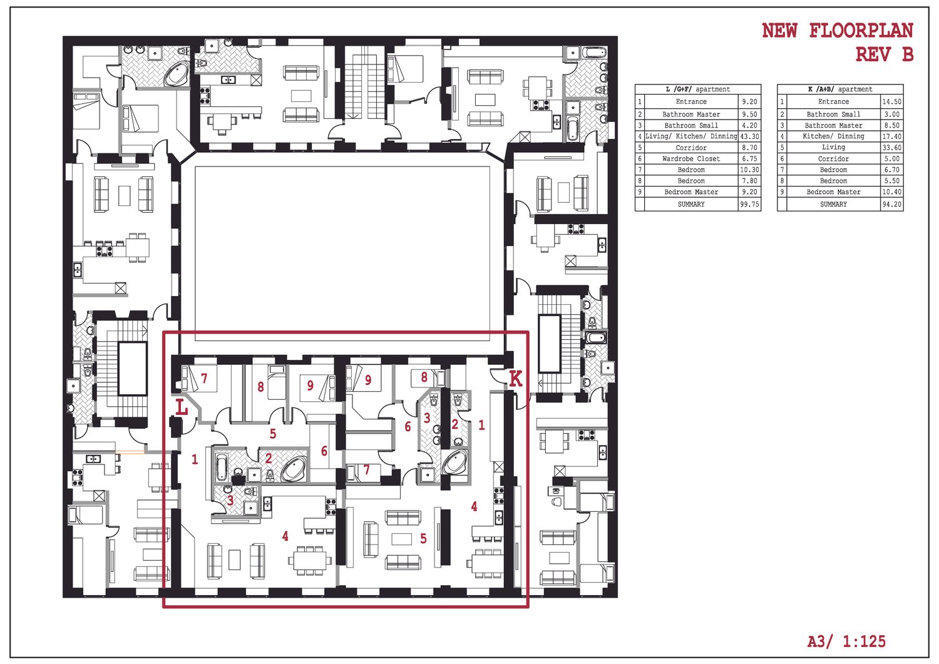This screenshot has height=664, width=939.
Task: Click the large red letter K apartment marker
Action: tap(515, 379)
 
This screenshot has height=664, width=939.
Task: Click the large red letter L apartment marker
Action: tap(181, 407)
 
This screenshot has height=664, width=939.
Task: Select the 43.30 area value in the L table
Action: tap(749, 136)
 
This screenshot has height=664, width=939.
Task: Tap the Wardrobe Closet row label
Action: tap(691, 159)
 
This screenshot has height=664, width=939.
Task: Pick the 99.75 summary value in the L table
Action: tap(749, 204)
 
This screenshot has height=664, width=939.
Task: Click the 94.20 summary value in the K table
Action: tap(891, 204)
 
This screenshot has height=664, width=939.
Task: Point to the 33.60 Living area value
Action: tap(891, 148)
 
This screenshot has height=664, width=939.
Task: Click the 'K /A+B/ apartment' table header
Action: tap(840, 89)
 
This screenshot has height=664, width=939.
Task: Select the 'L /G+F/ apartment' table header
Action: tap(698, 89)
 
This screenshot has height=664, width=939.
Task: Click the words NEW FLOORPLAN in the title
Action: tap(837, 31)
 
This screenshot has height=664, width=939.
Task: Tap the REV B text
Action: tap(884, 54)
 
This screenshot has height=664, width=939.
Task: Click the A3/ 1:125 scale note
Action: tap(846, 641)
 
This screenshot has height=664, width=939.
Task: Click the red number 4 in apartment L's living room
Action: tap(285, 536)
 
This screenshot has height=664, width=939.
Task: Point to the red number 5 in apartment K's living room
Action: tap(423, 539)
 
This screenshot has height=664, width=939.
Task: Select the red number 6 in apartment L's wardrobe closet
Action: tap(324, 451)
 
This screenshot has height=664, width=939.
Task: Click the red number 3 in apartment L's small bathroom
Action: tap(230, 499)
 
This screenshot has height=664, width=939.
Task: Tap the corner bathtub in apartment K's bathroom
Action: tap(455, 462)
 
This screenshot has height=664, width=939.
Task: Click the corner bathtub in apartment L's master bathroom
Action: tap(295, 469)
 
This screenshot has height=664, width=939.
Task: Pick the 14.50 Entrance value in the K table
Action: tap(891, 102)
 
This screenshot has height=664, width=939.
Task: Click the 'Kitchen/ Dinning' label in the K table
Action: tap(833, 136)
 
